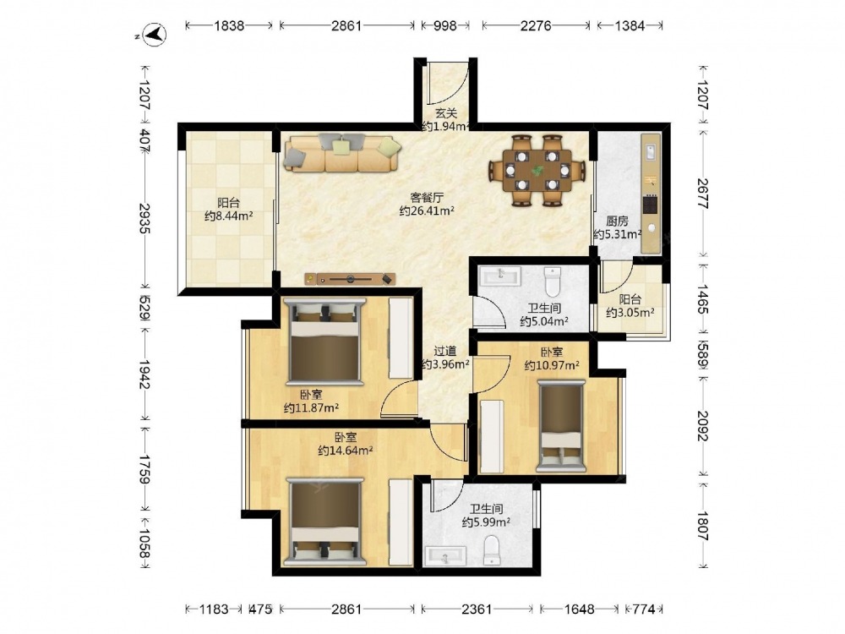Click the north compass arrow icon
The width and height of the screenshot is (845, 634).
pos(155,35)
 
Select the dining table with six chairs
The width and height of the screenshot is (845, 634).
pos(537,171)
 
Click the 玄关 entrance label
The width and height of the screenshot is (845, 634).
pos(446,113)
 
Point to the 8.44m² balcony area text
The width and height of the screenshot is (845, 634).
pos(229,216)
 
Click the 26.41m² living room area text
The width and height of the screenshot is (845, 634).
pos(427,210)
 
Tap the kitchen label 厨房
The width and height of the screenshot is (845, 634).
pos(617,221)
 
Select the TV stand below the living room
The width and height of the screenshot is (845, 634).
pos(350,279)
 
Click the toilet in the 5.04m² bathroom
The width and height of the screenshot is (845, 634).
pos(553,281)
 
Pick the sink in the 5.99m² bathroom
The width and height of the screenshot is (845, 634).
pos(445,556)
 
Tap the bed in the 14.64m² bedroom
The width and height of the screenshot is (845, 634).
pos(325,522)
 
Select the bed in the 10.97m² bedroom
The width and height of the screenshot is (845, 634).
pos(561,426)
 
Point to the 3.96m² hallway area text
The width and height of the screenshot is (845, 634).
pos(445,364)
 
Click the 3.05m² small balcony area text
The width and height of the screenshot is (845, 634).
pos(630,312)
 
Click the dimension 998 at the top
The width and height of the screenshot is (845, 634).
pos(445,25)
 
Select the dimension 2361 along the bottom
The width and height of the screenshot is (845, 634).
pos(477,609)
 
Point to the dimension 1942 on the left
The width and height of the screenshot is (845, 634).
pos(144,374)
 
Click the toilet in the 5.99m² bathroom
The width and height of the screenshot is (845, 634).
pos(492,550)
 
